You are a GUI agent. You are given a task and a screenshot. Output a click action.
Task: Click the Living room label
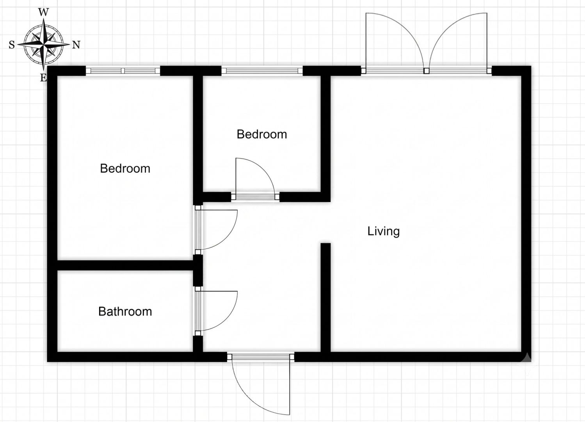pos(383,231)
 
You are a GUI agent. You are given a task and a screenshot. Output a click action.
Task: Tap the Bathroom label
pos(125,311)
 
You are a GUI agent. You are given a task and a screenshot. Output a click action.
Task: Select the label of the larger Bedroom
pos(125,169)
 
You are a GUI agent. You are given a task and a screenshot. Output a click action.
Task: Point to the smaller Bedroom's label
pos(262,134)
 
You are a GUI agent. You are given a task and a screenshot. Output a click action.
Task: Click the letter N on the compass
pos(76,45)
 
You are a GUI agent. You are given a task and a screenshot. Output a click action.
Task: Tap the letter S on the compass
pos(12,45)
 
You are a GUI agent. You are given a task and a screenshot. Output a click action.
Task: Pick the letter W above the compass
pos(44,12)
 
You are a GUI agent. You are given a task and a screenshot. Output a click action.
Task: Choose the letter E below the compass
pos(43,78)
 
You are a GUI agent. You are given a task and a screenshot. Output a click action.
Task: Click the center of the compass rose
pos(44,45)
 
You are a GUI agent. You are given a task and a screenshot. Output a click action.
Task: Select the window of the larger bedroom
pos(123,71)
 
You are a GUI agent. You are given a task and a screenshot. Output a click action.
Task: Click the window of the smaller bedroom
pos(262,71)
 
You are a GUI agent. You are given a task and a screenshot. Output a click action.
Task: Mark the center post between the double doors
pos(427,71)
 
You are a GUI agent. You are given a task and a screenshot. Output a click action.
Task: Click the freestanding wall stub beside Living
pos(325,297)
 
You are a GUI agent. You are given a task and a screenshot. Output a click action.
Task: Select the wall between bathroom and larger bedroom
pos(125,265)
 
